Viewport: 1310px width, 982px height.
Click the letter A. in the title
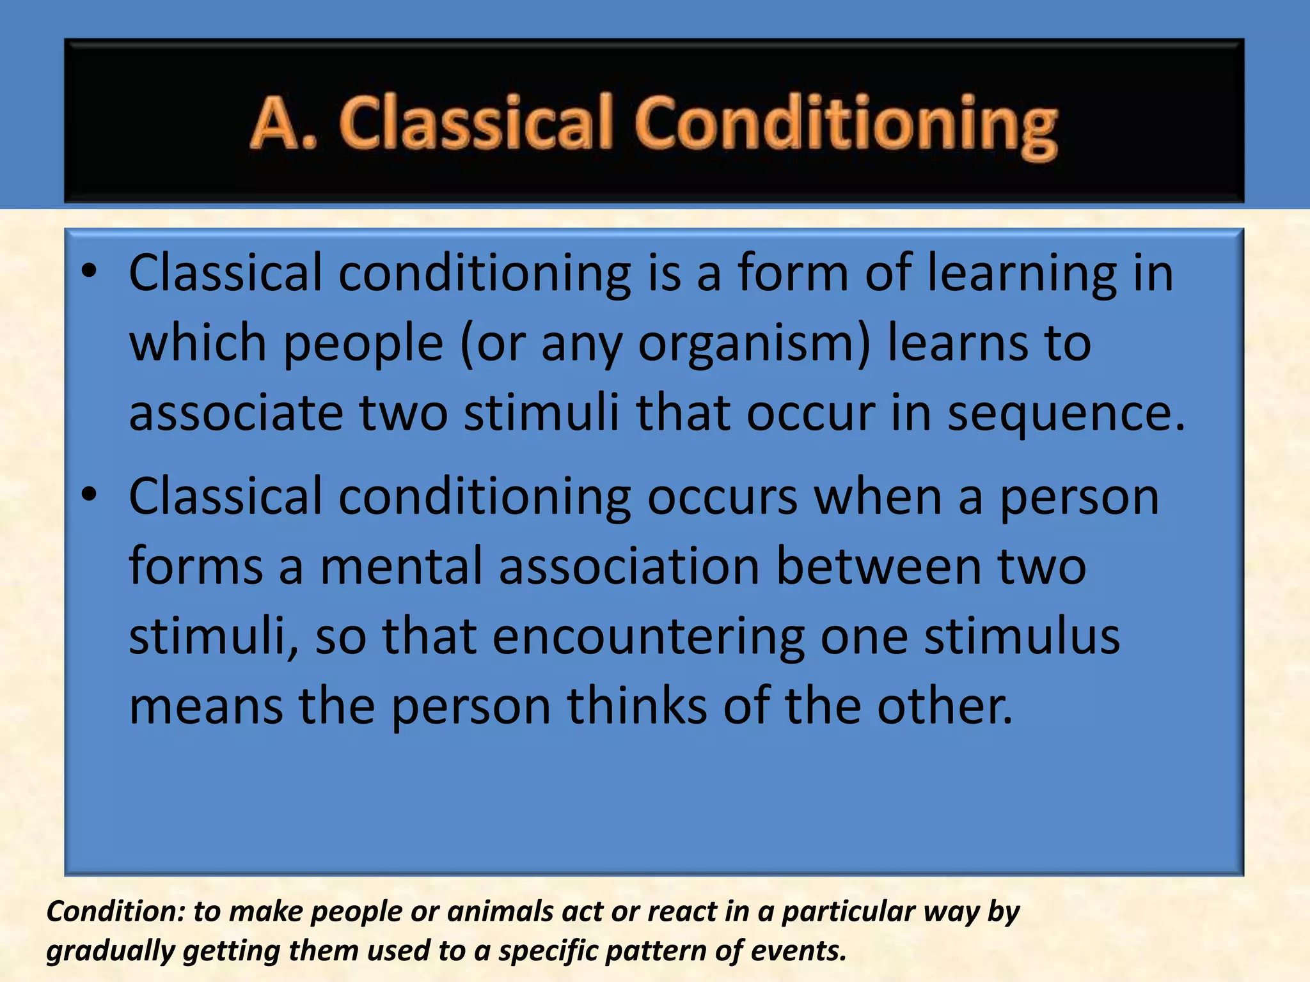[281, 123]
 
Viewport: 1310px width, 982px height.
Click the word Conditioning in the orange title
[846, 127]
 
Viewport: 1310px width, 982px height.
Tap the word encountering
[647, 638]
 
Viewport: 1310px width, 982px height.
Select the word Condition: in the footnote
[116, 912]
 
